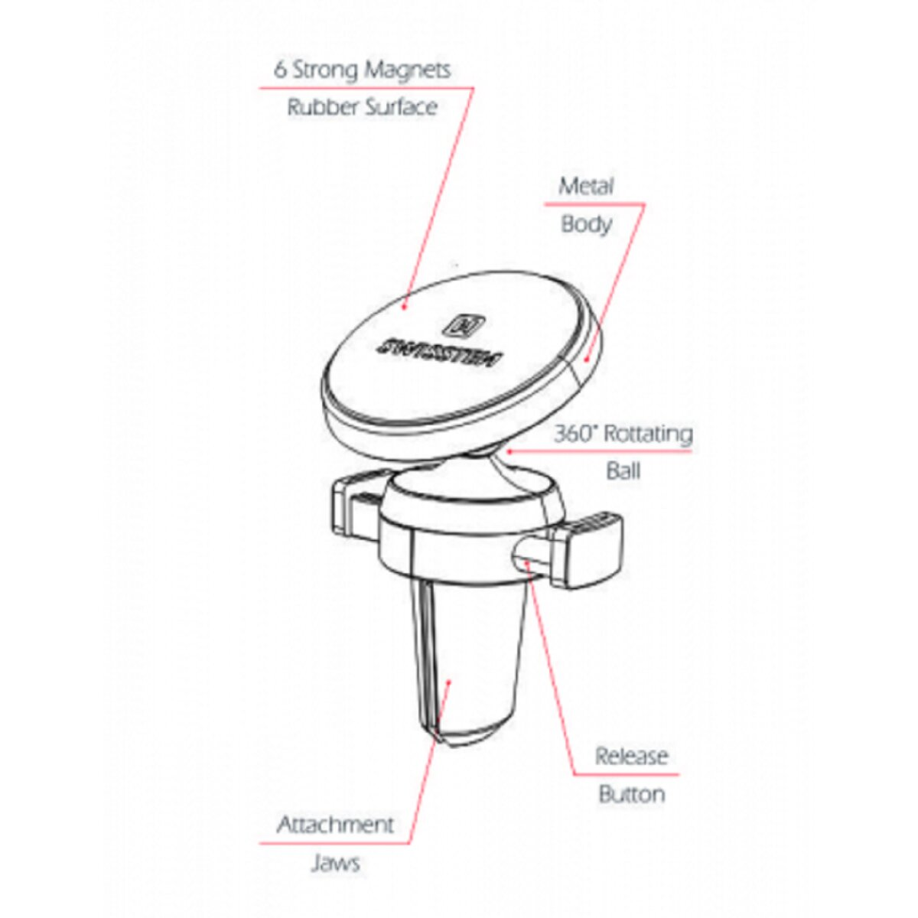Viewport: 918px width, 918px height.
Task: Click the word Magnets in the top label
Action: pyautogui.click(x=407, y=70)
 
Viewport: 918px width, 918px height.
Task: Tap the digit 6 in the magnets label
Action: pyautogui.click(x=280, y=70)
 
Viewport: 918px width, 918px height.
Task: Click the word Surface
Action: pyautogui.click(x=401, y=107)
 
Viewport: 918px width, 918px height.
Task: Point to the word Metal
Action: pyautogui.click(x=585, y=186)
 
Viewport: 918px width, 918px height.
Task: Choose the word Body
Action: pyautogui.click(x=586, y=224)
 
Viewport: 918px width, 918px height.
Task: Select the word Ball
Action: pyautogui.click(x=623, y=471)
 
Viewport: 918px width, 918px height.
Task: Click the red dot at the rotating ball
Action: pyautogui.click(x=508, y=450)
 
